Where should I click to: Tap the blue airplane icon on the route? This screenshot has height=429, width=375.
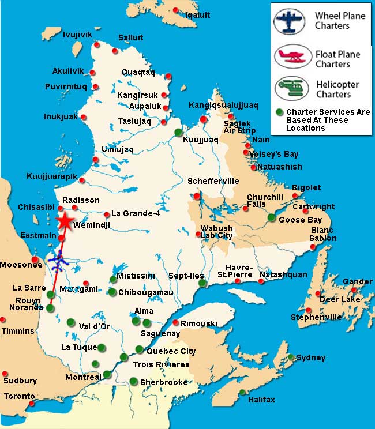click(58, 262)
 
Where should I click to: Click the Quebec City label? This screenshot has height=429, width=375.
click(171, 351)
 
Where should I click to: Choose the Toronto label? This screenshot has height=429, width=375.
click(20, 396)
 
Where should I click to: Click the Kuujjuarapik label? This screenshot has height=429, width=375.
click(52, 176)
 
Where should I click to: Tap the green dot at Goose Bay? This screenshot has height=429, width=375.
click(272, 217)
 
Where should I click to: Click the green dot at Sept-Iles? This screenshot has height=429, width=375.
click(202, 283)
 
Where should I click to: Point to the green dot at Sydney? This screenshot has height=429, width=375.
click(292, 357)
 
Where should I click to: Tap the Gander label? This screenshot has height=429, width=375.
click(358, 281)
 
